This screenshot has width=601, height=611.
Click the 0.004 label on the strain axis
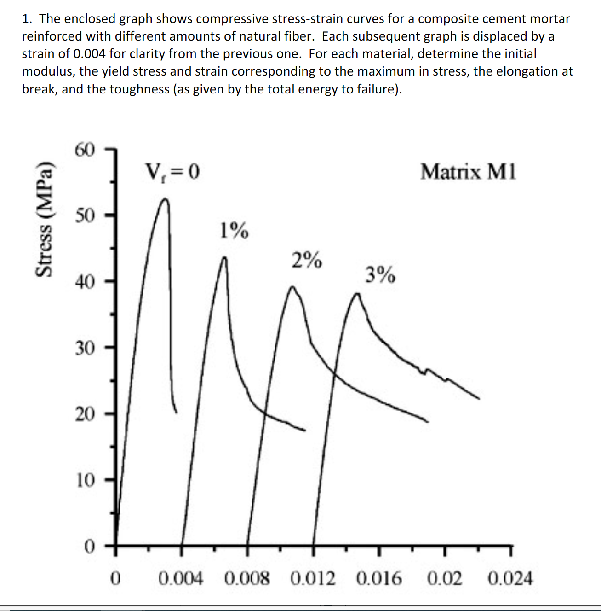tap(181, 578)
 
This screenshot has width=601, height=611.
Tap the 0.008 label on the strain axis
tap(247, 578)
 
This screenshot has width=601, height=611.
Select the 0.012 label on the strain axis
tap(313, 578)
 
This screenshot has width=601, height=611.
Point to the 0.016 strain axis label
tap(379, 578)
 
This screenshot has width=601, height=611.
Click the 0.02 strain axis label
tap(445, 578)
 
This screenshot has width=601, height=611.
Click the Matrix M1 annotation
tap(468, 172)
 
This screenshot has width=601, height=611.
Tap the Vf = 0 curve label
tap(172, 172)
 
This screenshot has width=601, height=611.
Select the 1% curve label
tap(234, 230)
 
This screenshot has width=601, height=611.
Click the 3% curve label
tap(380, 275)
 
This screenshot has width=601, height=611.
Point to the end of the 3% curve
tap(479, 399)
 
